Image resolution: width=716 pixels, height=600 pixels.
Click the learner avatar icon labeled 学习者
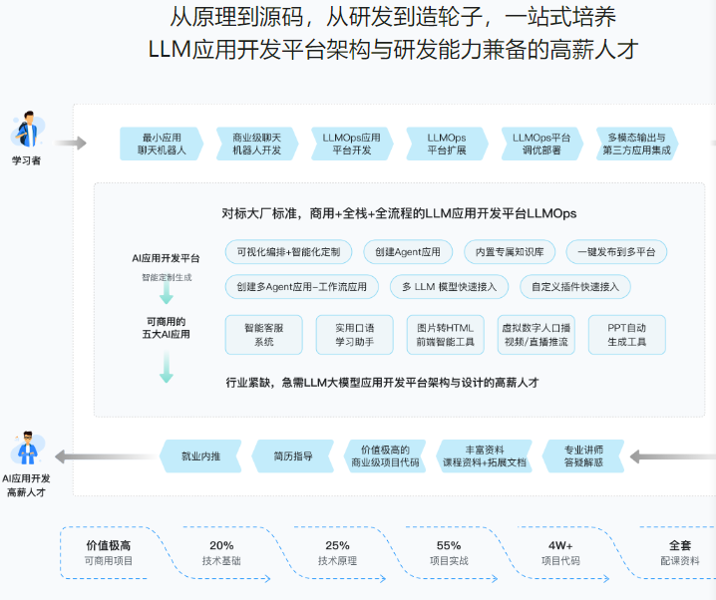pos(26,131)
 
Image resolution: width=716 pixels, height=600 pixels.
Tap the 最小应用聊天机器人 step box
pos(161,144)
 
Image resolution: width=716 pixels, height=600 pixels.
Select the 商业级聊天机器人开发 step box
pos(256,144)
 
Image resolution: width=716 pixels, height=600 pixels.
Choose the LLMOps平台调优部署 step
pos(542,144)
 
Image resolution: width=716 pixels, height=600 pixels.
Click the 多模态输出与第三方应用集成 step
pos(637,144)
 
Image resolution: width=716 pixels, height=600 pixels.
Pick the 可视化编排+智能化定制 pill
pos(289,252)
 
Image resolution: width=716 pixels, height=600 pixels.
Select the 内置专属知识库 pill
pos(510,252)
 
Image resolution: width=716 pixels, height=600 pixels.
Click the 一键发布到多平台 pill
pos(616,252)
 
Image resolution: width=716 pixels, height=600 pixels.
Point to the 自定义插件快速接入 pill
pos(574,287)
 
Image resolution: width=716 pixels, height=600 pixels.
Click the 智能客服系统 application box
pos(264,335)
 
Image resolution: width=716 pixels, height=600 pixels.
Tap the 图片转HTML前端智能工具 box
pos(446,335)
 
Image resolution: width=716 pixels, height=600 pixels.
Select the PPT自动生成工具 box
pos(627,335)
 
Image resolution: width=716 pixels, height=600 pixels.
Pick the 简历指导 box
pos(293,456)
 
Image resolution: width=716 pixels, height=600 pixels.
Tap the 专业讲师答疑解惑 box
pos(583,456)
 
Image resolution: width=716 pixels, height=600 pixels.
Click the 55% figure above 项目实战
pos(448,545)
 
